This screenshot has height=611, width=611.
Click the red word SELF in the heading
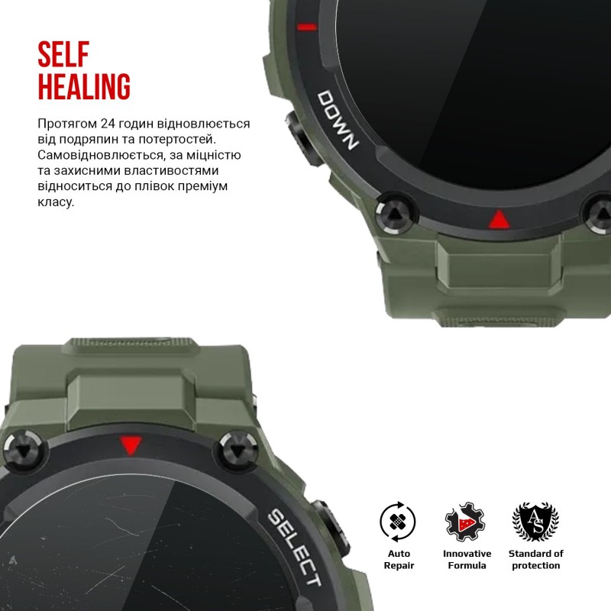pos(63,53)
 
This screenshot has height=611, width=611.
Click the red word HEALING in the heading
pos(84,86)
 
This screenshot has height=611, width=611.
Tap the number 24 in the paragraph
pos(108,124)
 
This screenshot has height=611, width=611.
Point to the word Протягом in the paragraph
pos(67,124)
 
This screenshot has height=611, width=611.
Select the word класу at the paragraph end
pos(56,202)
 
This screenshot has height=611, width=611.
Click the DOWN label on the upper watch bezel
pos(338,120)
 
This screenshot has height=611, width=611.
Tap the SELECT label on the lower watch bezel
pos(295,547)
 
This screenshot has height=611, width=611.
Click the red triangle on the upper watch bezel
pos(499,220)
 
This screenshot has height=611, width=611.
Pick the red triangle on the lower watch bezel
pos(131,445)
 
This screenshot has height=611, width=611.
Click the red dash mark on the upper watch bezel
pos(307,27)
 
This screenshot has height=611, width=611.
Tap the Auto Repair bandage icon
pos(397,522)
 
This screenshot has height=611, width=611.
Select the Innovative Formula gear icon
pos(465,522)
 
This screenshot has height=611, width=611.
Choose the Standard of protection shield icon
pos(535,522)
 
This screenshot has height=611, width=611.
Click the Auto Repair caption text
pos(399,560)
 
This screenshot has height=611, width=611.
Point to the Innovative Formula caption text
pos(467,560)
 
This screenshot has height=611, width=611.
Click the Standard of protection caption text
pos(536,560)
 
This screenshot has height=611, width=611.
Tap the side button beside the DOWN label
pos(304,138)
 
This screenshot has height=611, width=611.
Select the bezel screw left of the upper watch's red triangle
pos(395,214)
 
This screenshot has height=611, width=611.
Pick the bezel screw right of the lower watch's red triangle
pos(238,451)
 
